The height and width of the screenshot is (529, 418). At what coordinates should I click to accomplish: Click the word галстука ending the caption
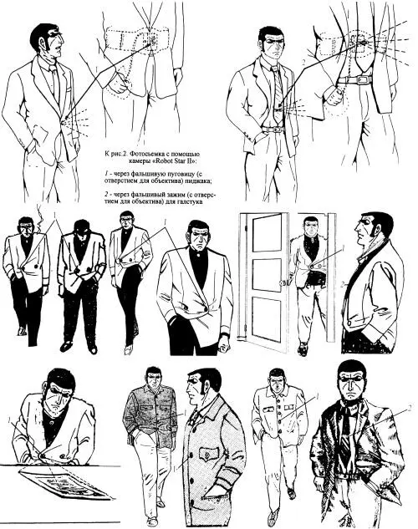coord(191,201)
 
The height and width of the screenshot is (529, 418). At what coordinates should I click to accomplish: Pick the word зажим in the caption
coord(174,195)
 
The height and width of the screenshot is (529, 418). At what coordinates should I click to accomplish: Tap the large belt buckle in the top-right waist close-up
coord(362,80)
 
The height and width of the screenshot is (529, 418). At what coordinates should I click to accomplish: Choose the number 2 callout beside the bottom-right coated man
coord(410,408)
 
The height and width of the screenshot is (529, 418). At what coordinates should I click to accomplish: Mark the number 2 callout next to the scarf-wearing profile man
coord(342,285)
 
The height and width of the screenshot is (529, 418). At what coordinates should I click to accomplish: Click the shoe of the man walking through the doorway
coord(303,349)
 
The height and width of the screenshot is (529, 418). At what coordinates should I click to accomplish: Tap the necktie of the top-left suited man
coord(55,81)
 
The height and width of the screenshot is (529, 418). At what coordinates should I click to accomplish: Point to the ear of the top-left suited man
coord(42,43)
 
